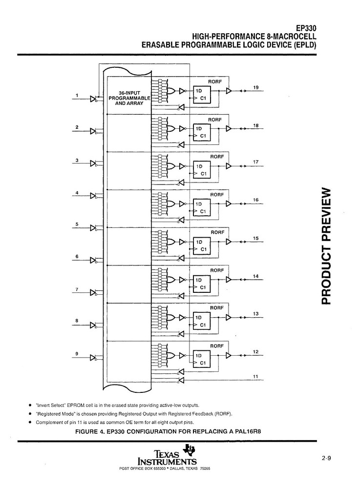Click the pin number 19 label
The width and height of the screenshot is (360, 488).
pyautogui.click(x=255, y=87)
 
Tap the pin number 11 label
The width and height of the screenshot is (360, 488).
pyautogui.click(x=255, y=376)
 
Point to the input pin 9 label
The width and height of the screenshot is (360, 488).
pyautogui.click(x=77, y=353)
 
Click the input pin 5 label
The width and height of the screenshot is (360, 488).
pyautogui.click(x=77, y=224)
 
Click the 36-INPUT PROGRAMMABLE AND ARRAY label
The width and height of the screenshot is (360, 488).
pyautogui.click(x=131, y=99)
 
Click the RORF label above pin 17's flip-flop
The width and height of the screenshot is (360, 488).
pyautogui.click(x=216, y=157)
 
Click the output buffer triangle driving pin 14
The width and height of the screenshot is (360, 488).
pyautogui.click(x=229, y=280)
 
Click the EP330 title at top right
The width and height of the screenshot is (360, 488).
pyautogui.click(x=307, y=28)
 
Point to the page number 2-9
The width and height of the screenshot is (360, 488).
pyautogui.click(x=326, y=458)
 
